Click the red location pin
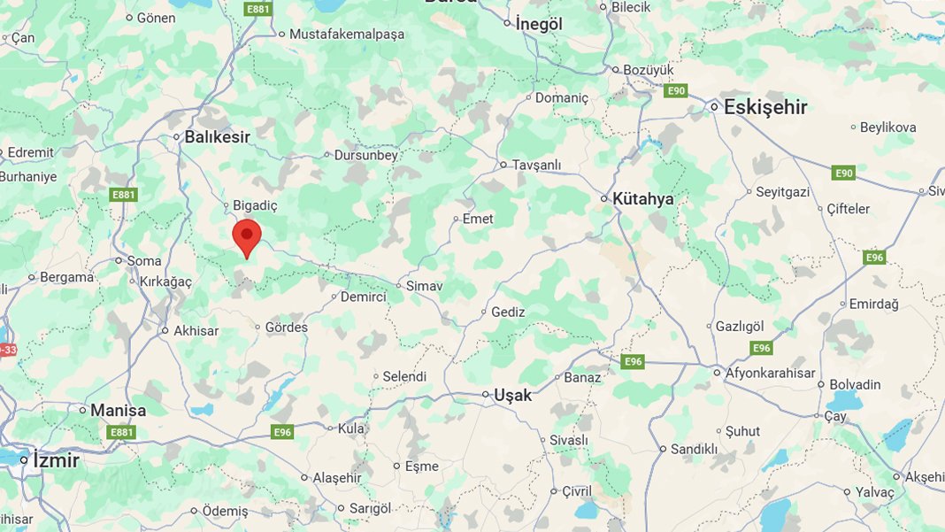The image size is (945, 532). (247, 236)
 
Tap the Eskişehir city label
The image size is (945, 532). (765, 107)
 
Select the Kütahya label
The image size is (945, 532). (643, 198)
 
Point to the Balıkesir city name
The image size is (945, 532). (217, 137)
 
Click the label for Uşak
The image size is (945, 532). (513, 395)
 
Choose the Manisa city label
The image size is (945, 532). (118, 410)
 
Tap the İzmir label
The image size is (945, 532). (56, 460)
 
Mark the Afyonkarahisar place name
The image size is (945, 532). (771, 373)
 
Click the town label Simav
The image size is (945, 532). (424, 286)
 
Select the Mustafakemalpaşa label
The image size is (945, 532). (348, 35)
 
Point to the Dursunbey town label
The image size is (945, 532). (366, 155)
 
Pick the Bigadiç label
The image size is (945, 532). (255, 205)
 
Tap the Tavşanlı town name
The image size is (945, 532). (536, 165)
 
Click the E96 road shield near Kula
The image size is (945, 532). (282, 432)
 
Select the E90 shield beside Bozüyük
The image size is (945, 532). (676, 90)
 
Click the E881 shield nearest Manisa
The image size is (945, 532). (121, 432)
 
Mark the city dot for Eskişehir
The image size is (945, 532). (714, 107)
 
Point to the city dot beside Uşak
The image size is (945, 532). (486, 395)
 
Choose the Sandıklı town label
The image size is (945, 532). (694, 449)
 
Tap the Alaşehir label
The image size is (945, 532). (337, 477)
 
